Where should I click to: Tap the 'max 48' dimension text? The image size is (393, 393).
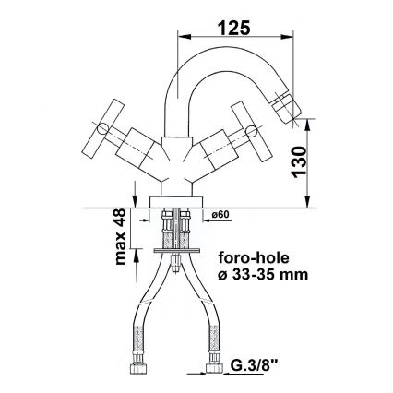pos(118,236)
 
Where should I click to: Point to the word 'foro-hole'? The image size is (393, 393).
pos(251,259)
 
